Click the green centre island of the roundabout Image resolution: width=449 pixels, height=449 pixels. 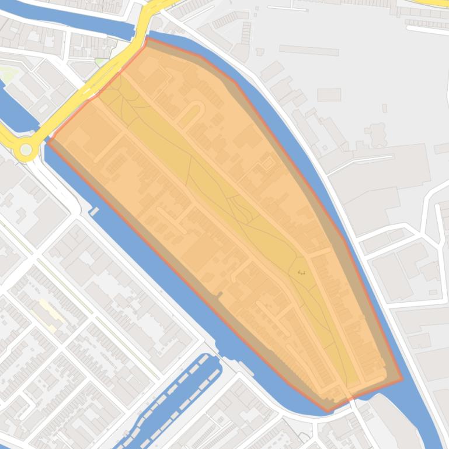tap(26, 150)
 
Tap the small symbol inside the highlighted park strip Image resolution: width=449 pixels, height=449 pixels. tap(301, 272)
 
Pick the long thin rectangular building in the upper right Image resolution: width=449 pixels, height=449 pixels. tap(309, 51)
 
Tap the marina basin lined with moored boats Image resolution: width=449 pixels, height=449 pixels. tap(175, 402)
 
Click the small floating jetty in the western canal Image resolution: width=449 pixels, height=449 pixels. tap(95, 211)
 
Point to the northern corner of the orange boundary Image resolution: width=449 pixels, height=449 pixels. tap(147, 39)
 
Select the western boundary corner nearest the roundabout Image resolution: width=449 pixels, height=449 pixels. tap(49, 141)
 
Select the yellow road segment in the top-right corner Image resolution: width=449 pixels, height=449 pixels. tap(435, 3)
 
